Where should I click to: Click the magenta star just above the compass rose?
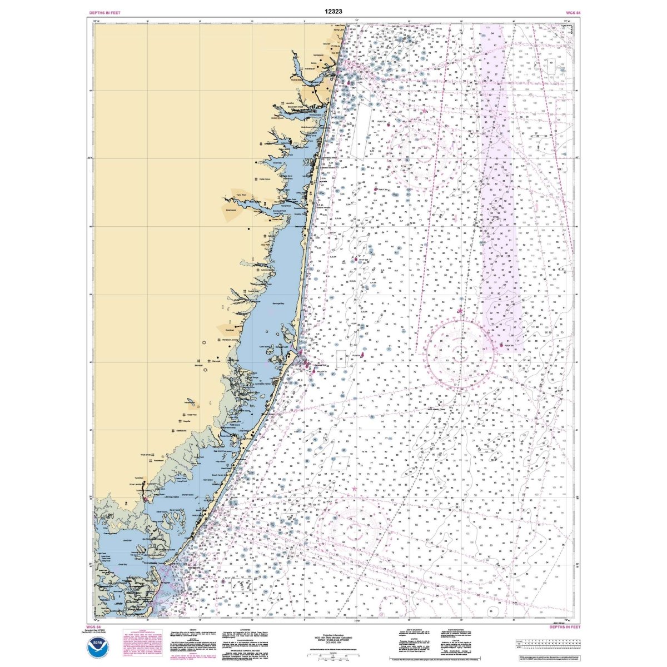pos(460,311)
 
